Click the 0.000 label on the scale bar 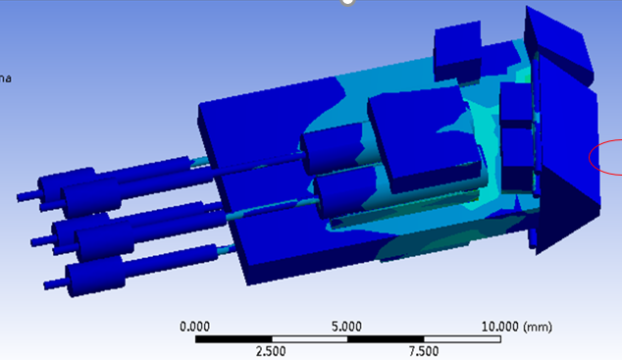pyautogui.click(x=195, y=326)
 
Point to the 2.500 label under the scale pyautogui.click(x=271, y=351)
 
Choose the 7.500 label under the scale pyautogui.click(x=424, y=351)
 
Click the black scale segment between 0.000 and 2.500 pyautogui.click(x=233, y=339)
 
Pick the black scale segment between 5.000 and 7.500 pyautogui.click(x=386, y=339)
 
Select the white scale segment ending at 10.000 pyautogui.click(x=462, y=339)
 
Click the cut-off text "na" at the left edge pyautogui.click(x=5, y=78)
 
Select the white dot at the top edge pyautogui.click(x=346, y=2)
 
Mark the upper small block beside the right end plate pyautogui.click(x=514, y=103)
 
